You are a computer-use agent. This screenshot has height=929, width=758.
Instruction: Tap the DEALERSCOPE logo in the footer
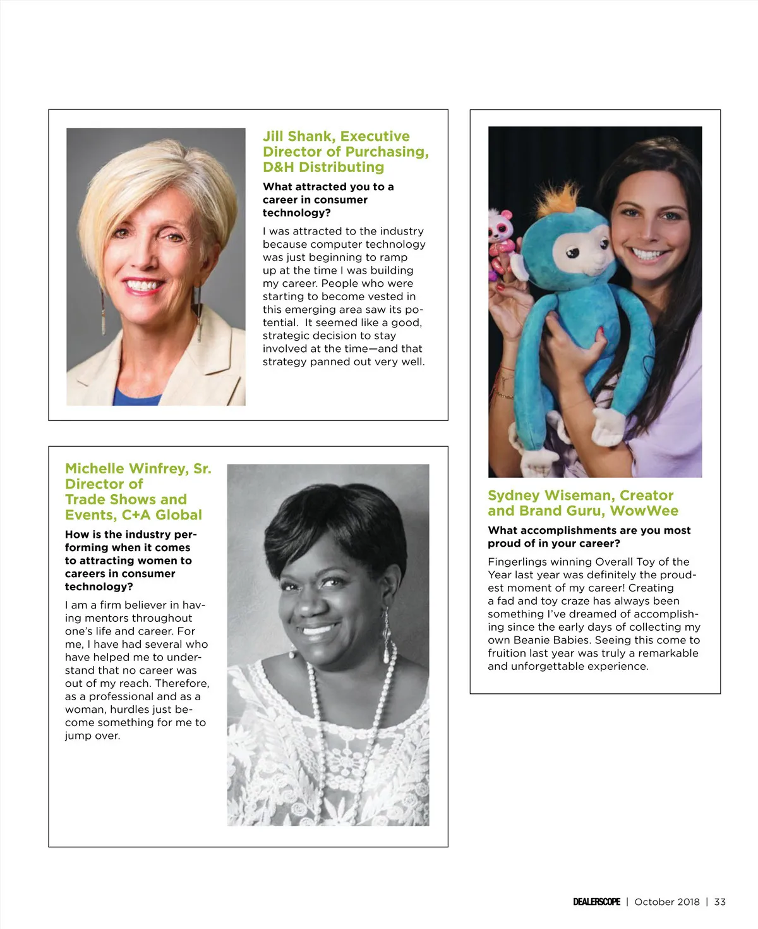(596, 902)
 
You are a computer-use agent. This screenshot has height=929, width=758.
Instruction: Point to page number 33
(719, 902)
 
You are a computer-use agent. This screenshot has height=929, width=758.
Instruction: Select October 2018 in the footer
(666, 902)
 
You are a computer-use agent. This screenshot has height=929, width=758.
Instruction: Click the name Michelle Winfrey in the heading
(126, 469)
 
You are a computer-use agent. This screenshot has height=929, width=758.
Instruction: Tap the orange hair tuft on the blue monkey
(558, 195)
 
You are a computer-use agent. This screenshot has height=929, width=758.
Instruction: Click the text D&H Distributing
(323, 167)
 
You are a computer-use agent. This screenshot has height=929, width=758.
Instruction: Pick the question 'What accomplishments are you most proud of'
(589, 537)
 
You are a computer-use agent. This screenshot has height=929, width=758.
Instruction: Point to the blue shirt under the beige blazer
(136, 397)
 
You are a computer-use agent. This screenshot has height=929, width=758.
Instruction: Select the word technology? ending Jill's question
(296, 213)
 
